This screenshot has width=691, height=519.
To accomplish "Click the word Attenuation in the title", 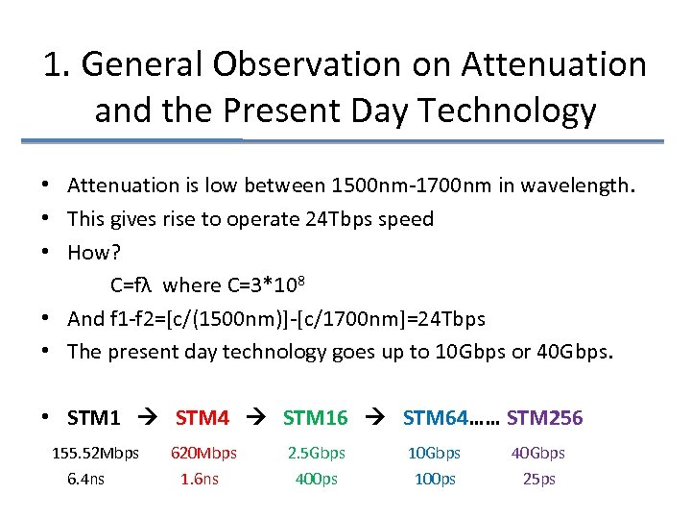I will click(x=554, y=64).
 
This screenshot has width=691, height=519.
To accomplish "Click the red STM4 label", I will click(x=202, y=418).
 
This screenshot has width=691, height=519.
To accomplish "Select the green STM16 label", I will click(x=315, y=418).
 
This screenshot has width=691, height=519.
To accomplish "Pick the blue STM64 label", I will click(x=436, y=418).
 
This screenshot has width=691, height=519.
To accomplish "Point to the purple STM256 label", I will click(x=544, y=418).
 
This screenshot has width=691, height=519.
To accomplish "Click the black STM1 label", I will click(x=94, y=418).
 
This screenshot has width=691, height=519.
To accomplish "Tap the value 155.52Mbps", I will click(x=95, y=453).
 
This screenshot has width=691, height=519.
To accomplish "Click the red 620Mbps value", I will click(x=203, y=453).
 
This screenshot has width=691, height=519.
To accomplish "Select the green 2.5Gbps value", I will click(x=317, y=453).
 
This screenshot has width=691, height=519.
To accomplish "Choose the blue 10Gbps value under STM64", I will click(x=434, y=453).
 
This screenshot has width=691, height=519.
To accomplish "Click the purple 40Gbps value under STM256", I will click(x=538, y=453).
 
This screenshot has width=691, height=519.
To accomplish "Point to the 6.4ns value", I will click(x=86, y=479).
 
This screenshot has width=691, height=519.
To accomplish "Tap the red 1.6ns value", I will click(x=200, y=479).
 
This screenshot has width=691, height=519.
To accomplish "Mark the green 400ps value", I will click(x=317, y=479).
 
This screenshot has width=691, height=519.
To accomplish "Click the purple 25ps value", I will click(x=538, y=479).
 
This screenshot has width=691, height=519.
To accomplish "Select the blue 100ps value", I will click(x=434, y=479).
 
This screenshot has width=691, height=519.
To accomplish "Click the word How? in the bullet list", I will click(x=87, y=252).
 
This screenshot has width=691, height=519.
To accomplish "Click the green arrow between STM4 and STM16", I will click(x=256, y=419).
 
